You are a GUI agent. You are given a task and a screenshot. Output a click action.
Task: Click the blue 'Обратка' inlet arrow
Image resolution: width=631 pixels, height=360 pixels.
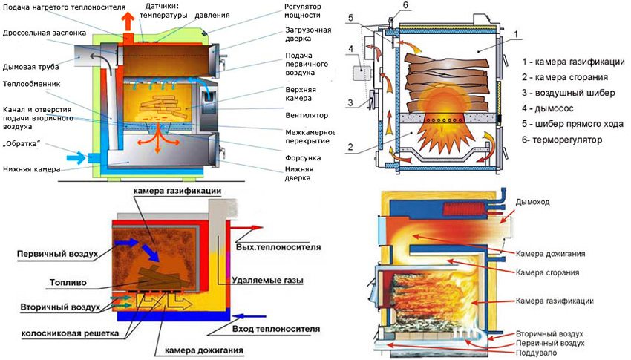click(x=77, y=157)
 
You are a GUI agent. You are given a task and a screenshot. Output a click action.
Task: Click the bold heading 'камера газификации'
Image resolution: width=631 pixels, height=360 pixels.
click(x=177, y=192)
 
